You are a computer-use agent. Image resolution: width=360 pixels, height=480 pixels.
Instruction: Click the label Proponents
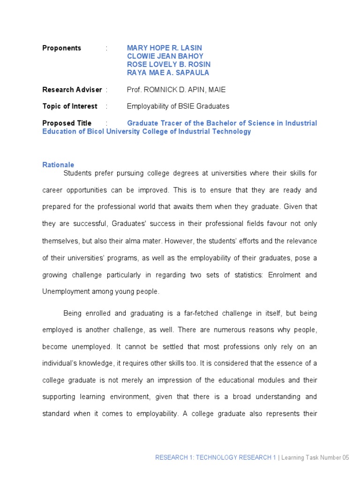coord(61,48)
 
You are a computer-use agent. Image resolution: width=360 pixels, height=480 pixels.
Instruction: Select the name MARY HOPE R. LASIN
coord(164,48)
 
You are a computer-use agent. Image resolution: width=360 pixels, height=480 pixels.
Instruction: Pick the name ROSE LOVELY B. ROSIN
coord(168,64)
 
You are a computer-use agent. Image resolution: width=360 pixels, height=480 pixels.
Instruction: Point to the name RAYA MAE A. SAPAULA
coord(168,73)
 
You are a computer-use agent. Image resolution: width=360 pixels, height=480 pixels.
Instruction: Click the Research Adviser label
coord(72,90)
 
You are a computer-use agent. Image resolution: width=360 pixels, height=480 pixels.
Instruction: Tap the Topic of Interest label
coord(70,106)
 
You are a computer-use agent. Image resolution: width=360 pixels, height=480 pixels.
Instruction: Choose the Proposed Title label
coord(65,123)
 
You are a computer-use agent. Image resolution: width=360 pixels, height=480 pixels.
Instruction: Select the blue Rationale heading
coord(58,165)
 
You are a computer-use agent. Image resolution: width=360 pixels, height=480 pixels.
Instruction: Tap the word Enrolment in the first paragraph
coord(286,275)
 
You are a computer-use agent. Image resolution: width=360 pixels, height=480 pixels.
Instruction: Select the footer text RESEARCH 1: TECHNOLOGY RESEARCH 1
coord(216,458)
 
